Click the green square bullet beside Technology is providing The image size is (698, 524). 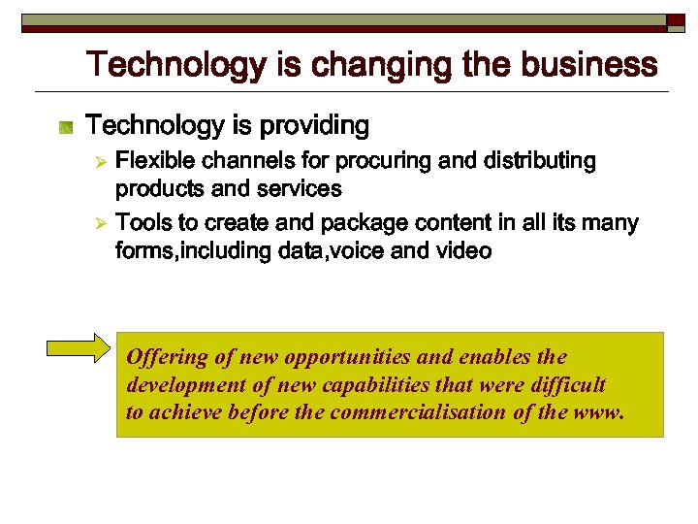[x=66, y=127]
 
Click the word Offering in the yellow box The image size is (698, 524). [x=167, y=357]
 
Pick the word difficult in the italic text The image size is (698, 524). [x=570, y=384]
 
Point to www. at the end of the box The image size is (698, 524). [x=600, y=411]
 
